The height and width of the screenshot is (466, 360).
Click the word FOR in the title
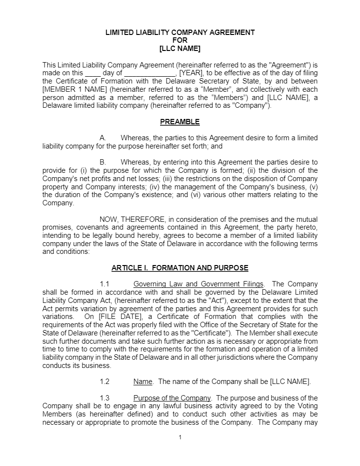pos(180,40)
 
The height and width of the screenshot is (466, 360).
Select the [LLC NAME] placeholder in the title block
pos(180,49)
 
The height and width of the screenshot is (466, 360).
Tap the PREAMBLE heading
pos(180,122)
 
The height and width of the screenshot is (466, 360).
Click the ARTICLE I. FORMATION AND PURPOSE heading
pos(180,267)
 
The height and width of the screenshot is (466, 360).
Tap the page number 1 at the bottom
pos(180,437)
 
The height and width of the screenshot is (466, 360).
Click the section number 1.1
pos(105,284)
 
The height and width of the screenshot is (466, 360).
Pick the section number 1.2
pos(105,382)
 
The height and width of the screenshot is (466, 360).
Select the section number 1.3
pos(105,398)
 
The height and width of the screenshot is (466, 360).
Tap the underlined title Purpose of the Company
pos(172,398)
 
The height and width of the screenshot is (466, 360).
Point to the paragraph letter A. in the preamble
pos(103,138)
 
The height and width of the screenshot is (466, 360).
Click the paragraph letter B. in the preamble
pos(103,162)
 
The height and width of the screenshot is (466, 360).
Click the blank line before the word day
pos(93,73)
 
